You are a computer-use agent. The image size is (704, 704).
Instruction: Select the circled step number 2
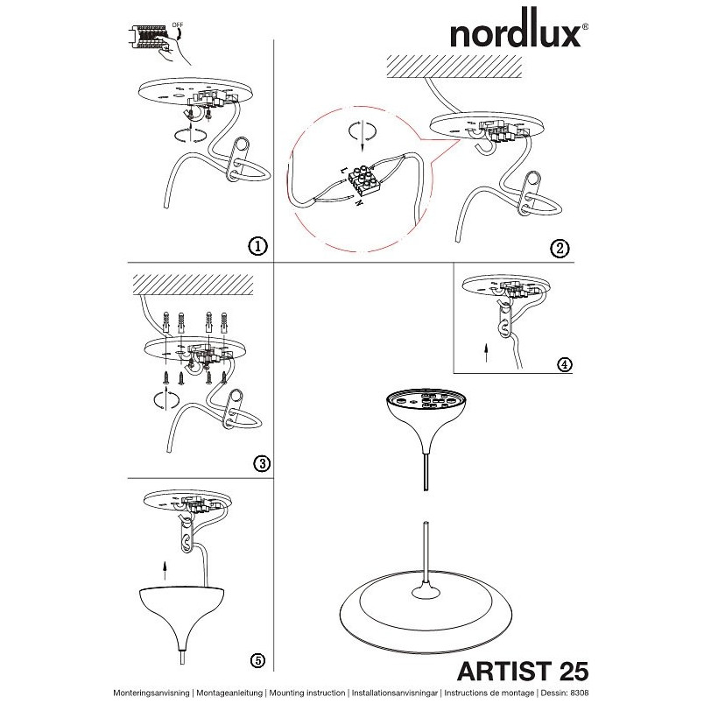[x=560, y=249]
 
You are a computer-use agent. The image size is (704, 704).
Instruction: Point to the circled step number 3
[x=262, y=463]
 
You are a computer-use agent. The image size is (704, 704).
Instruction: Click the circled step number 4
[x=565, y=364]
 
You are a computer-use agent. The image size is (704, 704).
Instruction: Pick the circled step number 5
[x=257, y=660]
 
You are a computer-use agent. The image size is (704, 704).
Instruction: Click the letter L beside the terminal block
[x=343, y=170]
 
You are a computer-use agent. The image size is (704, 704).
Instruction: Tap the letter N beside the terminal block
[x=358, y=202]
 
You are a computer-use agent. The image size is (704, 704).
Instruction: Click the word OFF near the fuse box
[x=178, y=25]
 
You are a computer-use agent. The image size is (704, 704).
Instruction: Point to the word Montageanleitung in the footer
[x=229, y=693]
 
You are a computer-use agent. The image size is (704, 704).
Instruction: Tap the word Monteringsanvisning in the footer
[x=151, y=693]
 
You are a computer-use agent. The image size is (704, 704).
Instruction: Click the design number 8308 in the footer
[x=580, y=693]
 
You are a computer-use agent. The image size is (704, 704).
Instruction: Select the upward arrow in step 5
[x=165, y=571]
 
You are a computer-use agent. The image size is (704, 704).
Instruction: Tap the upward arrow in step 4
[x=486, y=353]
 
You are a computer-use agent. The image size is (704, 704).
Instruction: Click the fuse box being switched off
[x=148, y=39]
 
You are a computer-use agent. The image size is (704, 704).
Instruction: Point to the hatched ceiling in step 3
[x=193, y=285]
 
